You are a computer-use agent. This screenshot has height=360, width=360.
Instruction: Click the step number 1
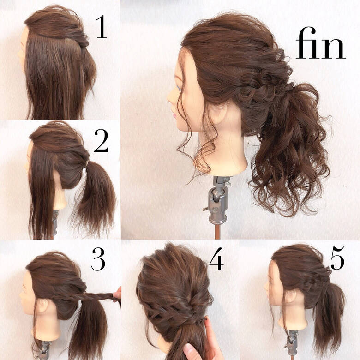102,27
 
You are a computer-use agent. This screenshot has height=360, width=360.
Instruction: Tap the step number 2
101,140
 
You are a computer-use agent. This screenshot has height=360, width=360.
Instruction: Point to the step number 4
216,259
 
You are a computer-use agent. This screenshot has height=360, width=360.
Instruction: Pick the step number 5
337,258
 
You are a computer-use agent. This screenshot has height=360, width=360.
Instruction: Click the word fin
320,43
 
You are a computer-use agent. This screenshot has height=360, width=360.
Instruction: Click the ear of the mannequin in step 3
43,305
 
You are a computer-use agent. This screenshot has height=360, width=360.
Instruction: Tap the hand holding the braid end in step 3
118,294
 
